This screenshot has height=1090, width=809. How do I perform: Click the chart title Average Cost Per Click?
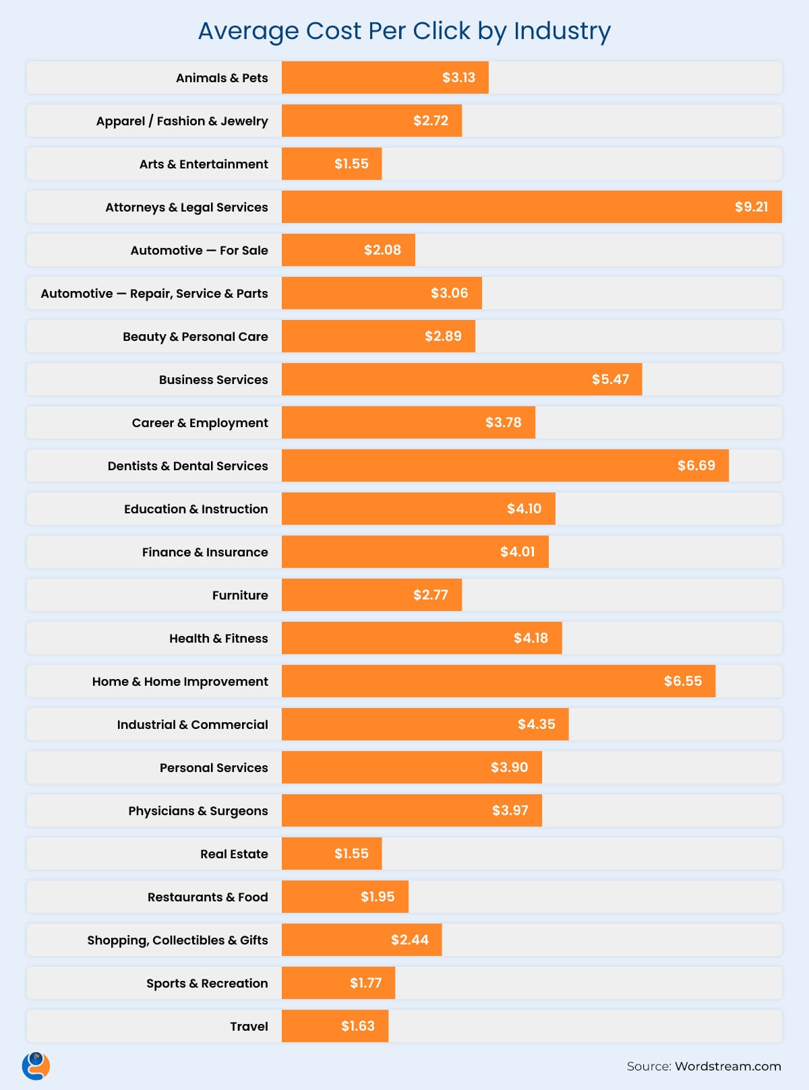pos(404,31)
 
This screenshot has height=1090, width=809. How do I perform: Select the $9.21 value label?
pos(751,207)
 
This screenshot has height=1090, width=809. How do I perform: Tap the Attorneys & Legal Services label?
pos(186,207)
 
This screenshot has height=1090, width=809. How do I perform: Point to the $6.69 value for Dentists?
pos(696,466)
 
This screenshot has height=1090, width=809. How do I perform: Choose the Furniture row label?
pos(239,596)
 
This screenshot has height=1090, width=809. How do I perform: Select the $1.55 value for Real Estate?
pos(351,854)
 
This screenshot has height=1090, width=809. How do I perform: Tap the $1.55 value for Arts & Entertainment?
pos(351,164)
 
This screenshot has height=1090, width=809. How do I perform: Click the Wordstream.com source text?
pos(727,1066)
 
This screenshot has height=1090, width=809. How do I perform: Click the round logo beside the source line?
pos(36,1066)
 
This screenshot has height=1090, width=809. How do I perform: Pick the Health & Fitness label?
pos(218,639)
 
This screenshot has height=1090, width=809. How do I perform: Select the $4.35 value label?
pos(536,724)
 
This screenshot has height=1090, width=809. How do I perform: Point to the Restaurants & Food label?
pos(207,897)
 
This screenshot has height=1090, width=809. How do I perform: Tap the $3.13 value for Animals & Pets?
pos(458,77)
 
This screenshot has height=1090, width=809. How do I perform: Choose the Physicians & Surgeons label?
pos(198,811)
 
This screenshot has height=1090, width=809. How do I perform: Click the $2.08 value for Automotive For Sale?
pos(382,250)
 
